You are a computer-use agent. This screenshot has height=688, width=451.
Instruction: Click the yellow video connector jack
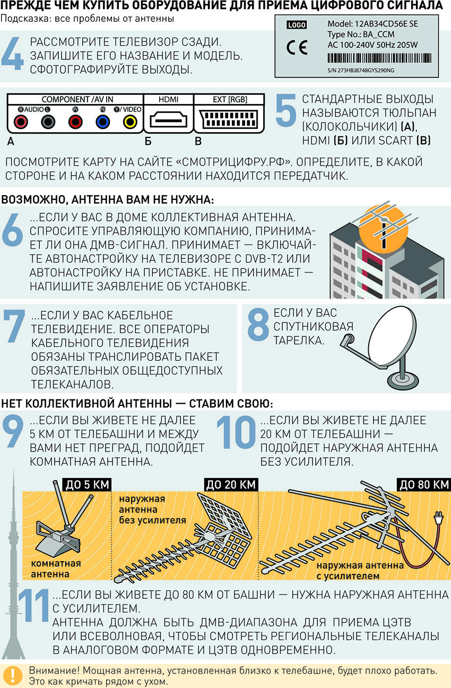[130, 122]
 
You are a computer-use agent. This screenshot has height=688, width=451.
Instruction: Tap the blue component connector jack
[102, 122]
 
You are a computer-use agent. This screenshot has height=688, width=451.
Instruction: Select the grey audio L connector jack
[48, 122]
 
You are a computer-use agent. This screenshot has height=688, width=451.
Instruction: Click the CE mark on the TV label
[297, 48]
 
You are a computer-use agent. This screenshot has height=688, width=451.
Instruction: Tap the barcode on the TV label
[379, 58]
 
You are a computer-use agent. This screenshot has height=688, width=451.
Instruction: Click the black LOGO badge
[297, 25]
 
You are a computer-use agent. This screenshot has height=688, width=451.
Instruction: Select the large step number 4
[13, 53]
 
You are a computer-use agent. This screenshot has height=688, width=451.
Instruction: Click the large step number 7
[14, 326]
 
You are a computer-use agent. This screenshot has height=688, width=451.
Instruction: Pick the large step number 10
[236, 432]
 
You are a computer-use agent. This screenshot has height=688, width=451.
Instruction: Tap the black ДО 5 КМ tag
[87, 484]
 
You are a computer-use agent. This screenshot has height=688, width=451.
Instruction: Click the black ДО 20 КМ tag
[231, 484]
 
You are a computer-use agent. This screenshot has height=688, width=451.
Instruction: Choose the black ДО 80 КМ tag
[424, 484]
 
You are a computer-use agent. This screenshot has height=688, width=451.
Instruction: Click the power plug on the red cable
[438, 518]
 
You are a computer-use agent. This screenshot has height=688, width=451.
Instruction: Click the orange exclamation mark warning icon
[13, 675]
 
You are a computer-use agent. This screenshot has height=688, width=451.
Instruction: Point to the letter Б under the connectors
[148, 141]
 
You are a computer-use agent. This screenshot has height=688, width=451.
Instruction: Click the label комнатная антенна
[55, 569]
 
